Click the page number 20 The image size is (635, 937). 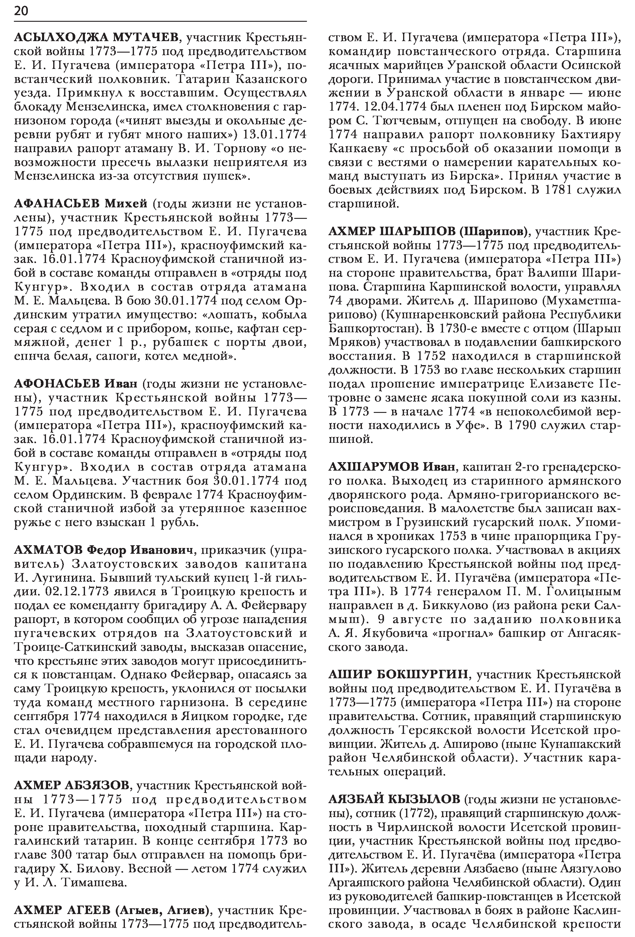[21, 11]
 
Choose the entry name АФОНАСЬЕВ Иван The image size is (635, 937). [76, 384]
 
